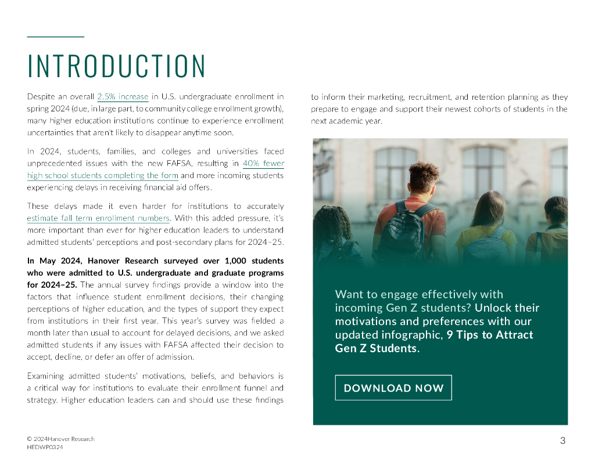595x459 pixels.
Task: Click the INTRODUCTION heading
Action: (117, 66)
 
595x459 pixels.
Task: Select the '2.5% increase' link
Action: (123, 96)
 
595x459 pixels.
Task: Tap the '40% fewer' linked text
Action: (263, 164)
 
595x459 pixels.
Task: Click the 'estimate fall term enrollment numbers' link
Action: (98, 218)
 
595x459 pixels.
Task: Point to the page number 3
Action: (562, 440)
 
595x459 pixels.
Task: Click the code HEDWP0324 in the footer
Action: (45, 447)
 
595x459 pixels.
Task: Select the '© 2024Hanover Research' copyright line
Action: (60, 439)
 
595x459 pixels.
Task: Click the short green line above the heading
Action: (56, 37)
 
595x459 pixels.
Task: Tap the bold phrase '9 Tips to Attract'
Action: (490, 335)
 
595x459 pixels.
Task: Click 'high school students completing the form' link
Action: (102, 175)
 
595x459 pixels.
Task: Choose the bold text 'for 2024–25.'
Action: (52, 284)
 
